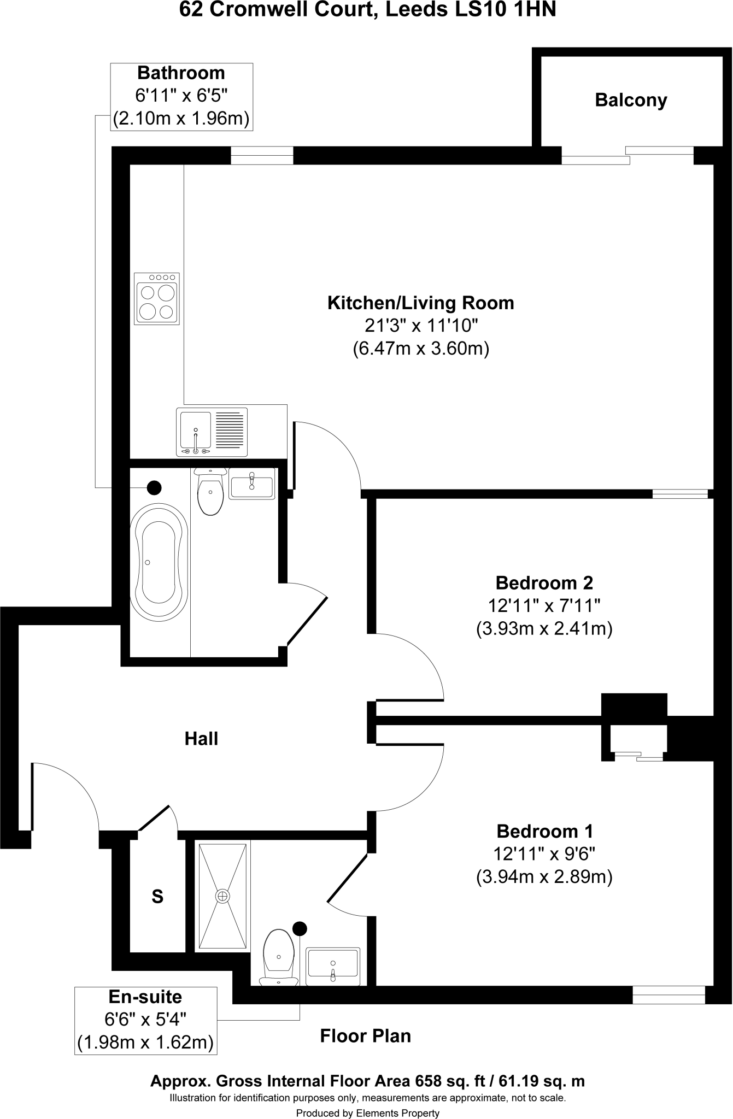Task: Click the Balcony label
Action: pos(631,101)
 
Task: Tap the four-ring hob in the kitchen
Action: pos(157,298)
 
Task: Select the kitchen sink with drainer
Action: pos(212,432)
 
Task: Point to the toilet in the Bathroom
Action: pos(210,492)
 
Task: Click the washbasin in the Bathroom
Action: pos(251,484)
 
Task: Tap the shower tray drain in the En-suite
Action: pos(222,896)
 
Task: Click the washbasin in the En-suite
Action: pos(333,966)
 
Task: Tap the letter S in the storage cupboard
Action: pos(157,897)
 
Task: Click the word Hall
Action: pos(201,739)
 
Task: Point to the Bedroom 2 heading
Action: pos(544,583)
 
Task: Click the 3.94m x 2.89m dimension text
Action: pos(544,877)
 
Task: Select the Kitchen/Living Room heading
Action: pos(420,303)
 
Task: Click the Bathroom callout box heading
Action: pos(181,73)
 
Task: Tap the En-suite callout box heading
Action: pos(145,997)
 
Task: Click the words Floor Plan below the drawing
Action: pos(365,1036)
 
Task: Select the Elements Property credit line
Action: pos(367,1113)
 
